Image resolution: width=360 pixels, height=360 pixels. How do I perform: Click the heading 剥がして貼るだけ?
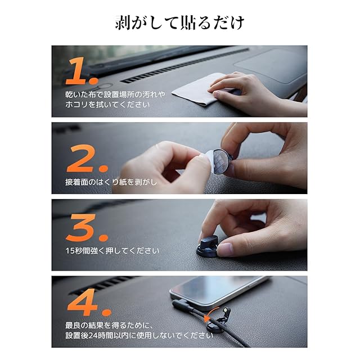click(179, 23)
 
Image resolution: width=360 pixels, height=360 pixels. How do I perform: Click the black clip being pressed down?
click(207, 246)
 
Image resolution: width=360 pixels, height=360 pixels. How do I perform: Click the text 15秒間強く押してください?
click(112, 251)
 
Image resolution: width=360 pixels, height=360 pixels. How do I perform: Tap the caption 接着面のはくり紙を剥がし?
click(111, 182)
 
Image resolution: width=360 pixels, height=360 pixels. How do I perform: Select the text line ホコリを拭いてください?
click(107, 105)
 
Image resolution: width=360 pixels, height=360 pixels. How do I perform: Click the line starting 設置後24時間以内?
click(139, 335)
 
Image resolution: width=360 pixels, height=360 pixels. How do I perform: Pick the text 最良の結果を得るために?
click(109, 325)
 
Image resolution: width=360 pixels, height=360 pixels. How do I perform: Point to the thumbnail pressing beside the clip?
click(224, 249)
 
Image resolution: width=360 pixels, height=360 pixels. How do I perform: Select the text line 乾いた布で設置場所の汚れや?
click(115, 94)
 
